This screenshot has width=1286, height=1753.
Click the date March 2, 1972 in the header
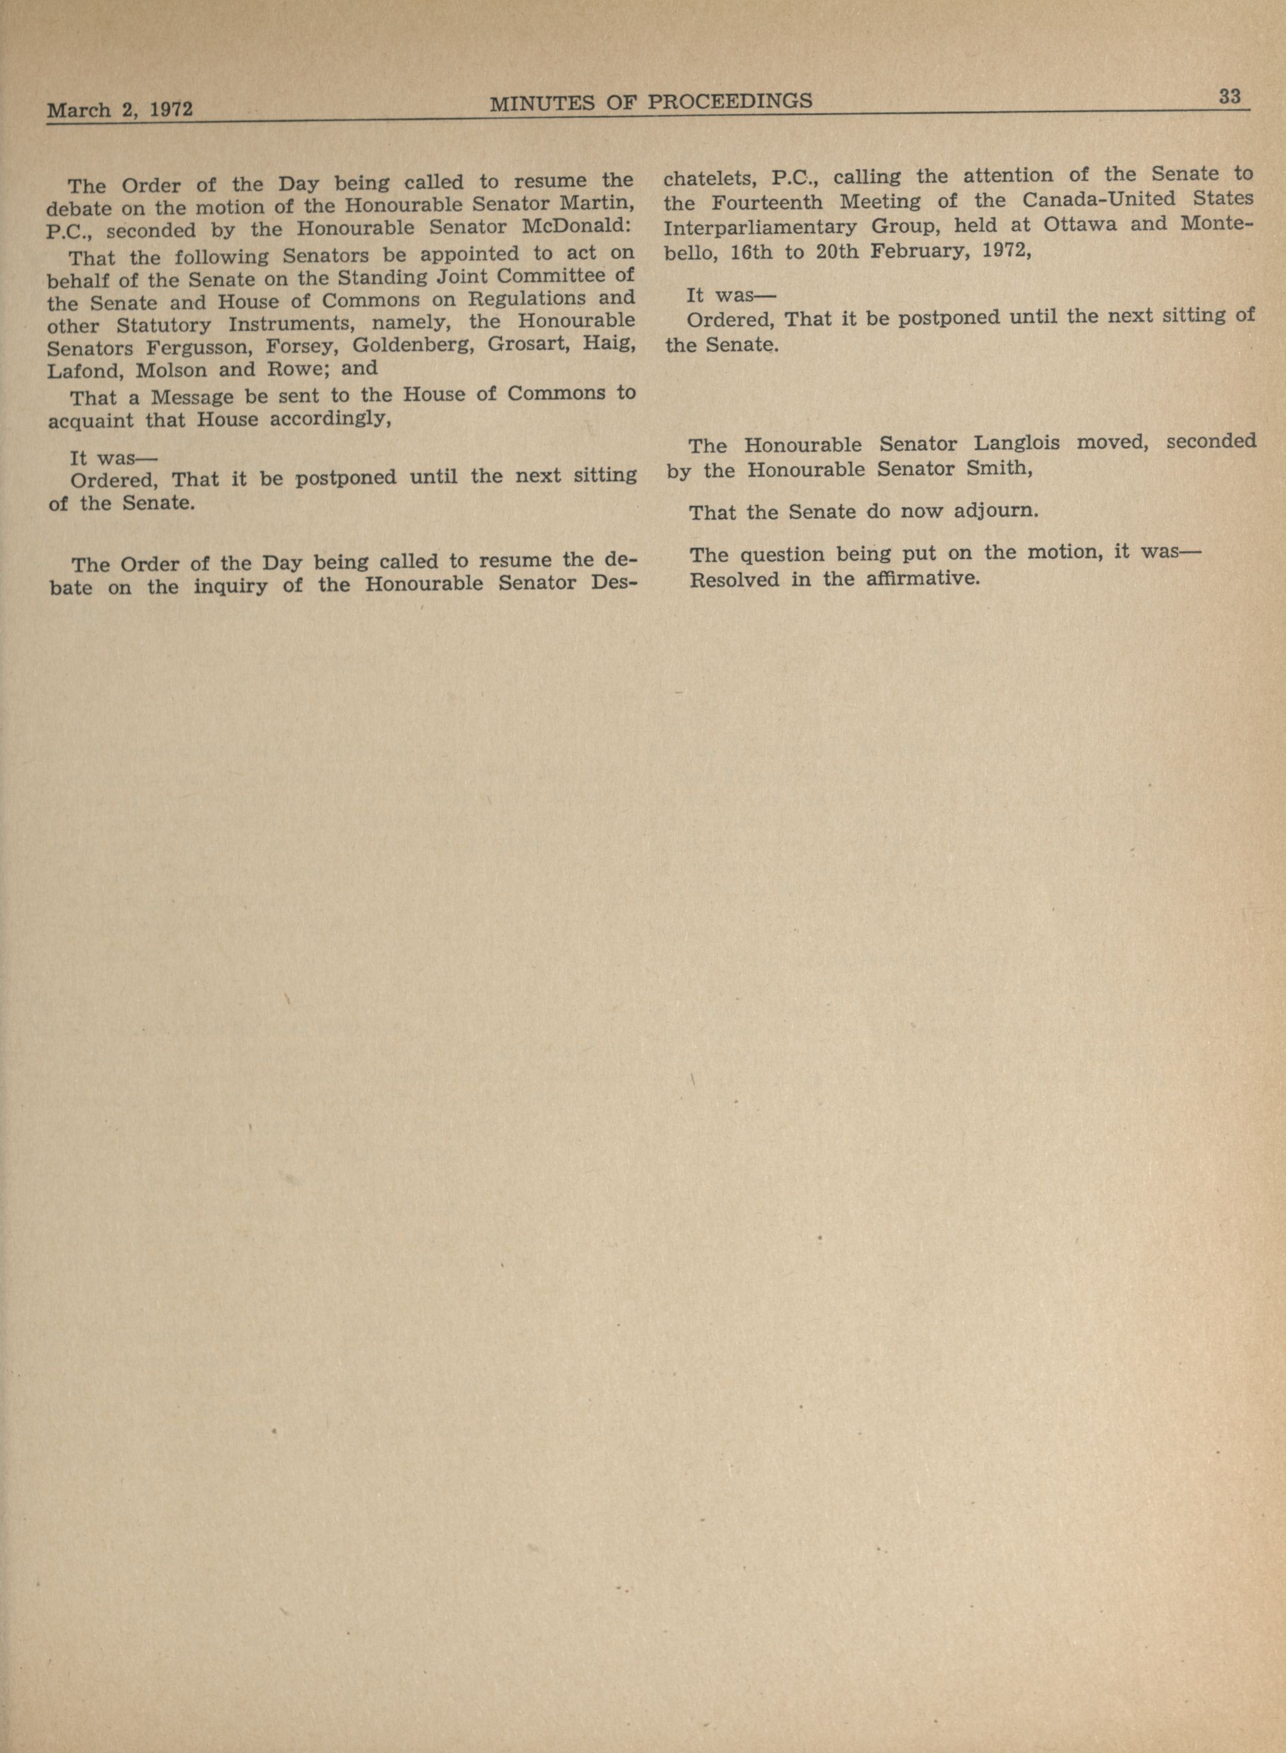click(120, 109)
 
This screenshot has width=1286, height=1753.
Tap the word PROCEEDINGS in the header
click(730, 101)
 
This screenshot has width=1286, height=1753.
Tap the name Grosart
click(523, 343)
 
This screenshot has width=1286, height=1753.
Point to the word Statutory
click(163, 325)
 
